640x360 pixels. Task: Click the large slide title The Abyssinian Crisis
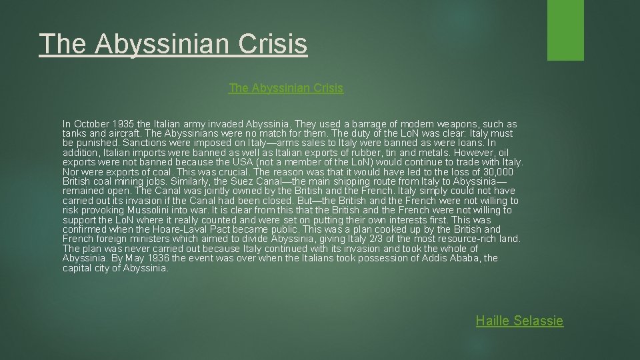point(173,44)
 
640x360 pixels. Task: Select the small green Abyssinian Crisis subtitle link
point(286,88)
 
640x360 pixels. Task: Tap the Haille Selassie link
point(519,321)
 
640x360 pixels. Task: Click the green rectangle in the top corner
point(565,30)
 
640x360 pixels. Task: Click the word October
point(93,124)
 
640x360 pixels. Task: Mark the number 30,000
point(496,172)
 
